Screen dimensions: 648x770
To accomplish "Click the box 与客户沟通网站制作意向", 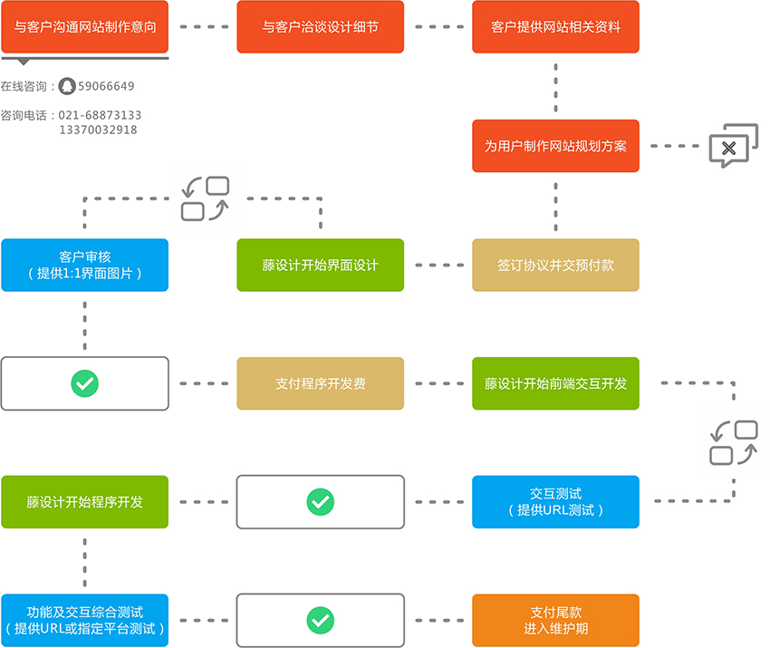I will [x=84, y=27].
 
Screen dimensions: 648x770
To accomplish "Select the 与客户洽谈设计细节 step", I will [x=320, y=27].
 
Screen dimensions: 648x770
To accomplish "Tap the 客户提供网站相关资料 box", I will [x=555, y=27].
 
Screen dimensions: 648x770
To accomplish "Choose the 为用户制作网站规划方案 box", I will [x=555, y=146].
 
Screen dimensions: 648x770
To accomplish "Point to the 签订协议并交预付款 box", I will [x=555, y=265].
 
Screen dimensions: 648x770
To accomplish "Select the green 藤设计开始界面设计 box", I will [x=320, y=265].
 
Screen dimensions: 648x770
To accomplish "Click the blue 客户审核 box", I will [x=84, y=265].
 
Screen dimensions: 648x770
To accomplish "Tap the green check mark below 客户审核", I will [x=84, y=383].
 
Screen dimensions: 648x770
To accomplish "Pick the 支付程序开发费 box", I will [x=320, y=383].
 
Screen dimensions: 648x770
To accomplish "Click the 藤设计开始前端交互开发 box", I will [x=555, y=383].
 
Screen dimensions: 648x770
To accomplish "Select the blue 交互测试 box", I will [x=555, y=501].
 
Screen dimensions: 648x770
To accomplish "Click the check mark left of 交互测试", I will [x=320, y=501].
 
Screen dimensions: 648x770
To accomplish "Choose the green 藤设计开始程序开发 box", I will [x=84, y=501].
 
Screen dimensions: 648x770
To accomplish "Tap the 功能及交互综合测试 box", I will [x=84, y=620].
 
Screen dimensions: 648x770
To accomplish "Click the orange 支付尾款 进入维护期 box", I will [x=555, y=620].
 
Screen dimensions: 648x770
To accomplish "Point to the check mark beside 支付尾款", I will [x=320, y=620].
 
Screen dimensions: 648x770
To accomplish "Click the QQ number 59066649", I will [x=106, y=86].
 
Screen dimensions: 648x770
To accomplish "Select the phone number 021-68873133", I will [x=100, y=115].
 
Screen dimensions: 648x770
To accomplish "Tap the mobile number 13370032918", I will [x=98, y=130].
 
